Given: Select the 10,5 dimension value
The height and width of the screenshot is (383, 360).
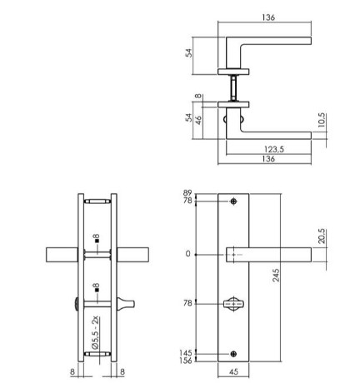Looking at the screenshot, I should [321, 122].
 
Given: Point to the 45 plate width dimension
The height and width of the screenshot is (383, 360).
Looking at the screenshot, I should [234, 372].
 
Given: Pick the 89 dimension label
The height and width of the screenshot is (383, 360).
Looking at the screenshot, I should [187, 193].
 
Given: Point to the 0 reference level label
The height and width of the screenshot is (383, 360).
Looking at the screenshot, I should [188, 254].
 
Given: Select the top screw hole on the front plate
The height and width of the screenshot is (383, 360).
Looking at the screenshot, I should [234, 201].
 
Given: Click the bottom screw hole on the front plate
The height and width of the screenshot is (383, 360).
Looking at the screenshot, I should [234, 353].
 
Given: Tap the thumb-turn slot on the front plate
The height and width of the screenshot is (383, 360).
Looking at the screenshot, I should [234, 303].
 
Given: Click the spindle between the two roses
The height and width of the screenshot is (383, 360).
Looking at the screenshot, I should [234, 87].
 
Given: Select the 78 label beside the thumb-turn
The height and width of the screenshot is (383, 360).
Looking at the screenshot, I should [187, 303].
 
